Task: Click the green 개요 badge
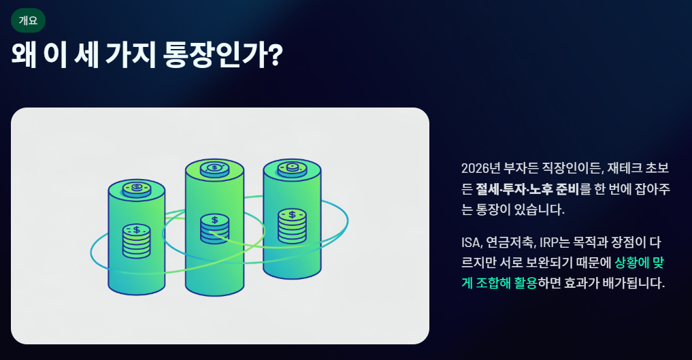28,20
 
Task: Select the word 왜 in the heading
24,55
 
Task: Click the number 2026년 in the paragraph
480,168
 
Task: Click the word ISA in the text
470,242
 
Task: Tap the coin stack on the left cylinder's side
137,240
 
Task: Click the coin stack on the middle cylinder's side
214,229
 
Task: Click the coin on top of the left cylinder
137,188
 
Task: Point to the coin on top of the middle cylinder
215,168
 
